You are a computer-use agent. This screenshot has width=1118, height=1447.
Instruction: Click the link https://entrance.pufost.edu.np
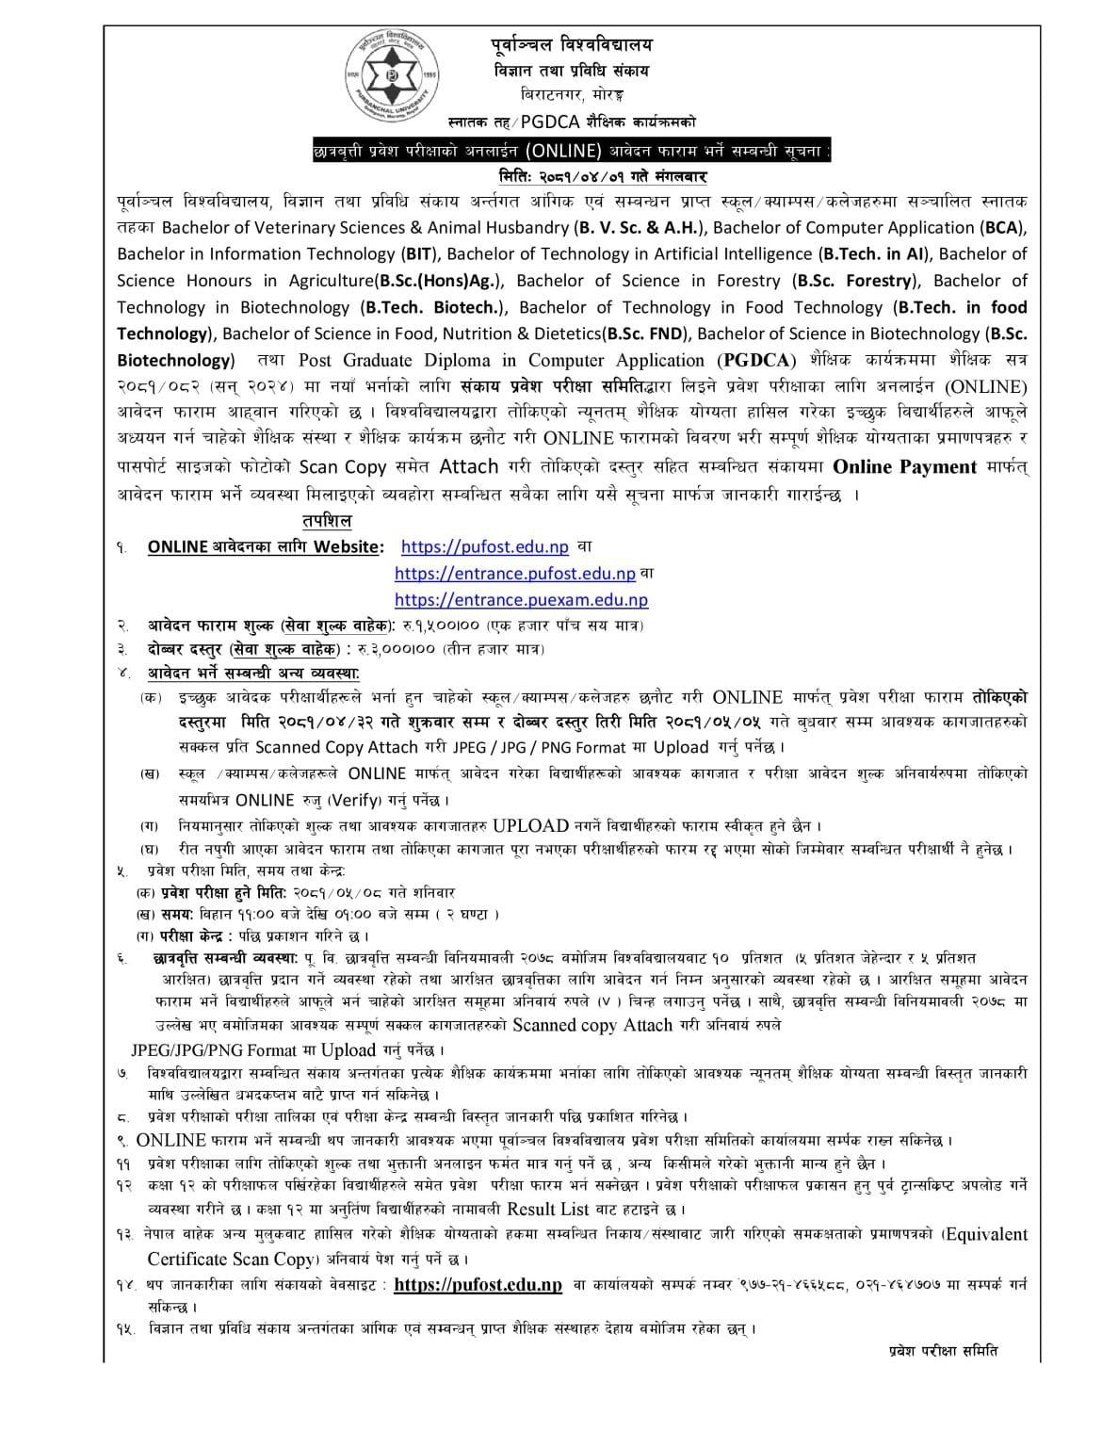[x=514, y=573]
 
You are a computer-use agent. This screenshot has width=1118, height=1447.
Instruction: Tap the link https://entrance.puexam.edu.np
[x=520, y=599]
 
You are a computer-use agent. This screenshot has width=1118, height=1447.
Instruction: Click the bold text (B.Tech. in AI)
[x=872, y=253]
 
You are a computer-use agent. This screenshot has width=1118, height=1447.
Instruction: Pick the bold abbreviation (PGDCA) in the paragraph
[x=757, y=360]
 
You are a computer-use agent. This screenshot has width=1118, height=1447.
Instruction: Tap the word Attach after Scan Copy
[x=468, y=466]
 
